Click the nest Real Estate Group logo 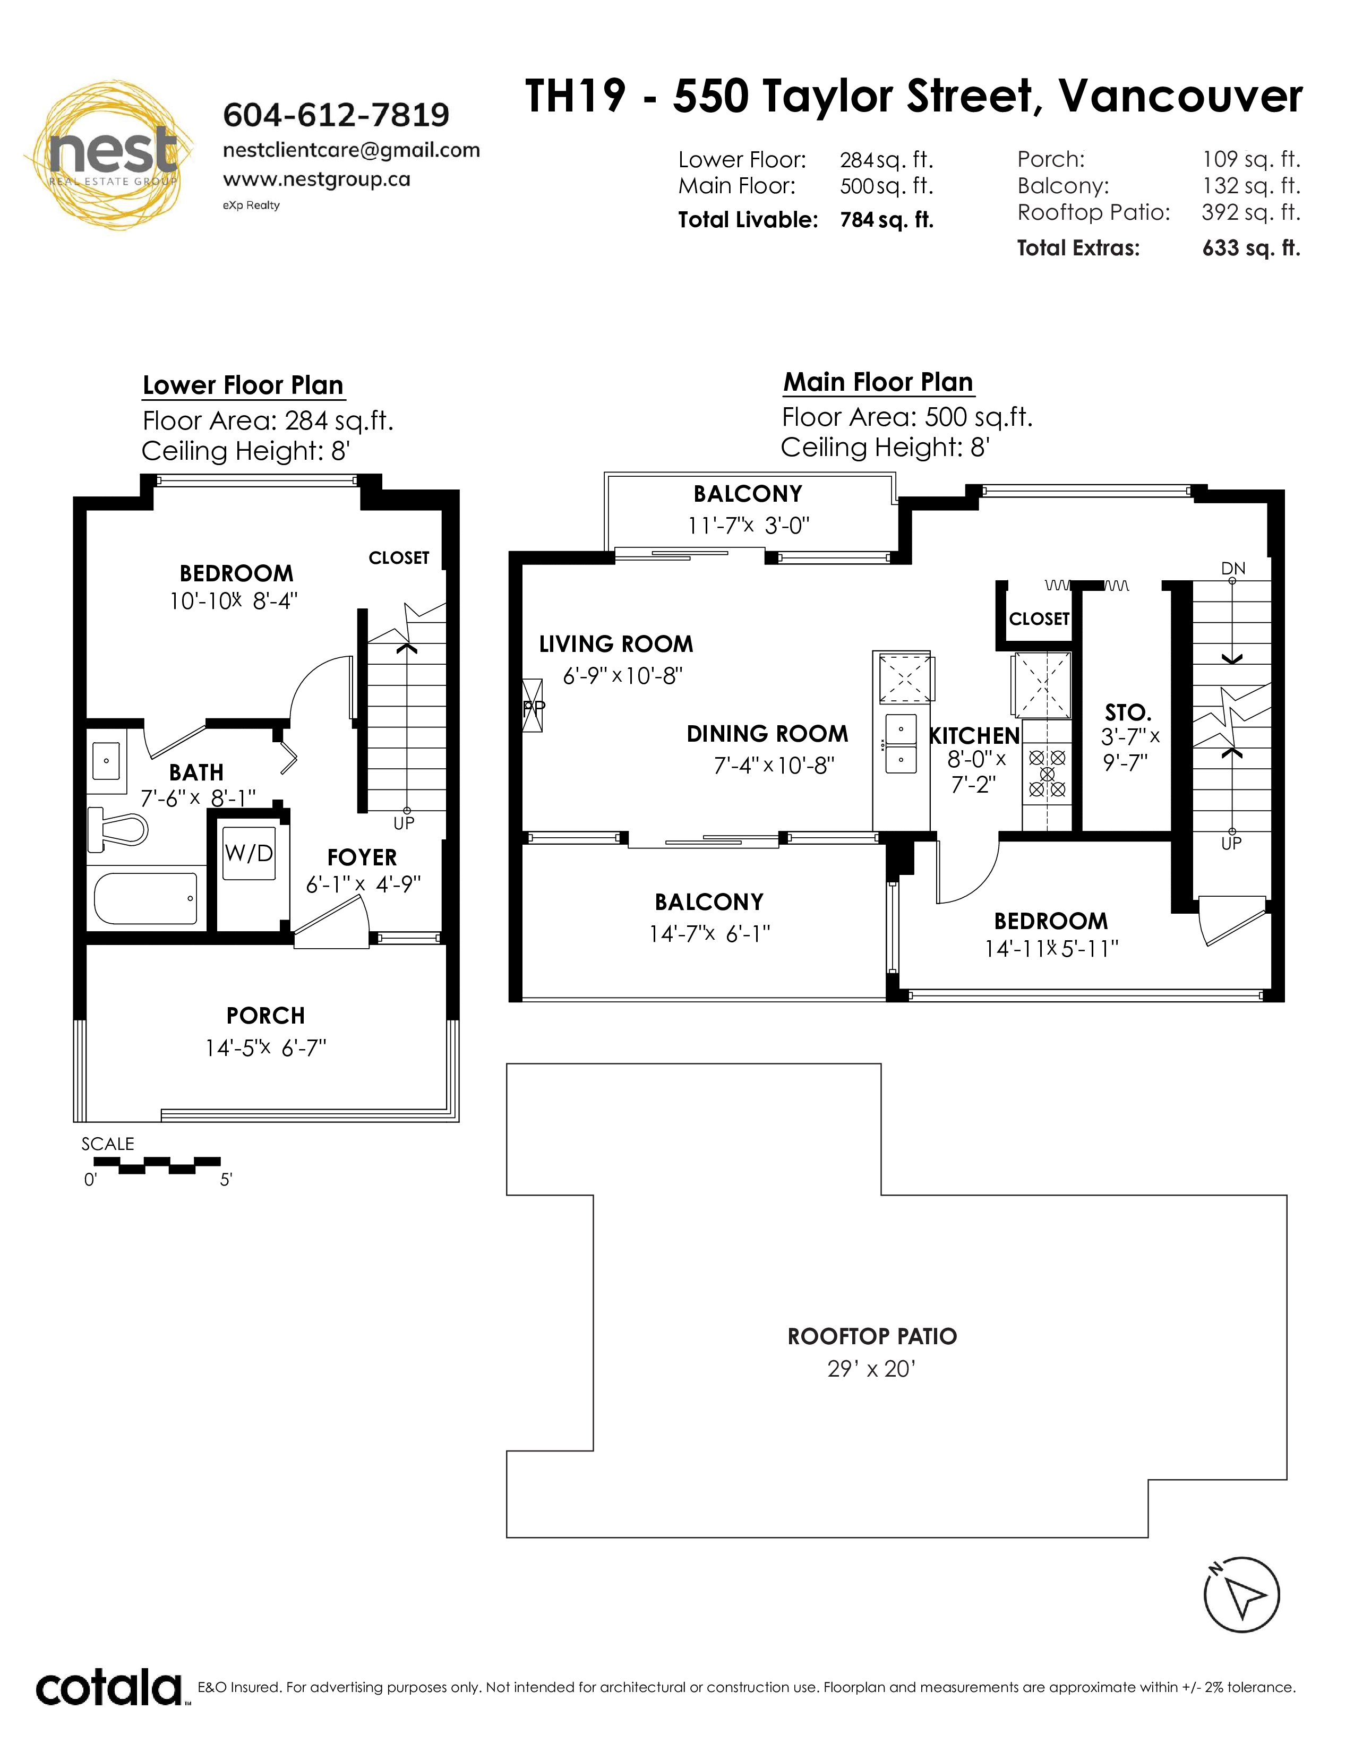click(109, 155)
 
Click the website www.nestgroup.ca click(317, 179)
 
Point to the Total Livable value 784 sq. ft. click(886, 220)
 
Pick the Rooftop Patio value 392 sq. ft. click(1250, 212)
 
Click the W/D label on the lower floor click(248, 853)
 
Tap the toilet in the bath click(118, 829)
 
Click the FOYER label click(362, 857)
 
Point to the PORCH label click(265, 1016)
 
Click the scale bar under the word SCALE click(157, 1165)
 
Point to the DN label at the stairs click(1233, 568)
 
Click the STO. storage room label click(1128, 712)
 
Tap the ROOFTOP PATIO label click(872, 1336)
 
